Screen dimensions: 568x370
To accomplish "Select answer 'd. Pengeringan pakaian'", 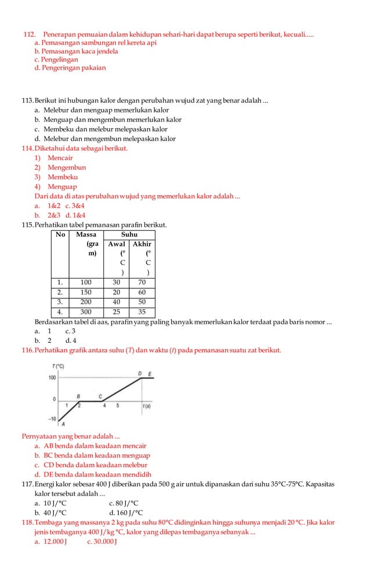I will (x=70, y=68).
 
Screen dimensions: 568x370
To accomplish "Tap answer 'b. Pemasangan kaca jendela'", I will (x=76, y=51).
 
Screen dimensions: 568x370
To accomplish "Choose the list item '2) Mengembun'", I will (x=60, y=168).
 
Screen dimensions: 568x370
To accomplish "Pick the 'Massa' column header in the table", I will (x=86, y=234).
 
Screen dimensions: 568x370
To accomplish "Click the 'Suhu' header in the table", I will (x=129, y=234).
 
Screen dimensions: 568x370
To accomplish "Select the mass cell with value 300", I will (x=86, y=312).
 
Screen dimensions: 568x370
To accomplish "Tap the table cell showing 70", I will (x=142, y=283).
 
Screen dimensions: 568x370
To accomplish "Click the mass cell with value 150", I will (x=86, y=292).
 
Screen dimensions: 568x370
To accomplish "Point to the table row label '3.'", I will (x=60, y=302).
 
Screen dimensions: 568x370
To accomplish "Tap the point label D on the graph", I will (x=140, y=372).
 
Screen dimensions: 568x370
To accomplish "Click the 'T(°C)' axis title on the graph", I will (x=57, y=366).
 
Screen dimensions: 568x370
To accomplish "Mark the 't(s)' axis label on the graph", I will (x=147, y=406).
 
